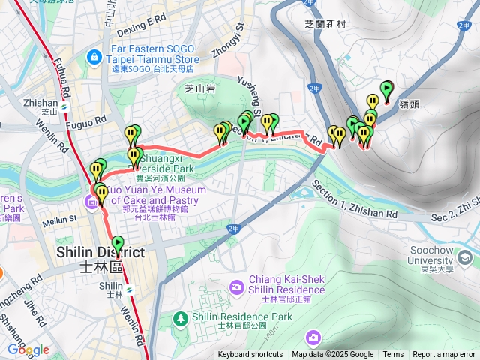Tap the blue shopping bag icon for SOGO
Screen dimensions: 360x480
pyautogui.click(x=94, y=56)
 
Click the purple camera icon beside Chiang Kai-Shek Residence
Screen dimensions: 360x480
pyautogui.click(x=237, y=287)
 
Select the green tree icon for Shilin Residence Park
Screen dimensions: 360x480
pyautogui.click(x=181, y=319)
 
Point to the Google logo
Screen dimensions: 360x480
pyautogui.click(x=28, y=349)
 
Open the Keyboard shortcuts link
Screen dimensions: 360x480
pyautogui.click(x=250, y=355)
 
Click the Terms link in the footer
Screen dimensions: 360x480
pyautogui.click(x=393, y=355)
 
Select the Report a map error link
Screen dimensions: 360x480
pyautogui.click(x=444, y=355)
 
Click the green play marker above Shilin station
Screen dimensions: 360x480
pyautogui.click(x=117, y=244)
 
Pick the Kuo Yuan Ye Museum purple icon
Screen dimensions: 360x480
pyautogui.click(x=91, y=200)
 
